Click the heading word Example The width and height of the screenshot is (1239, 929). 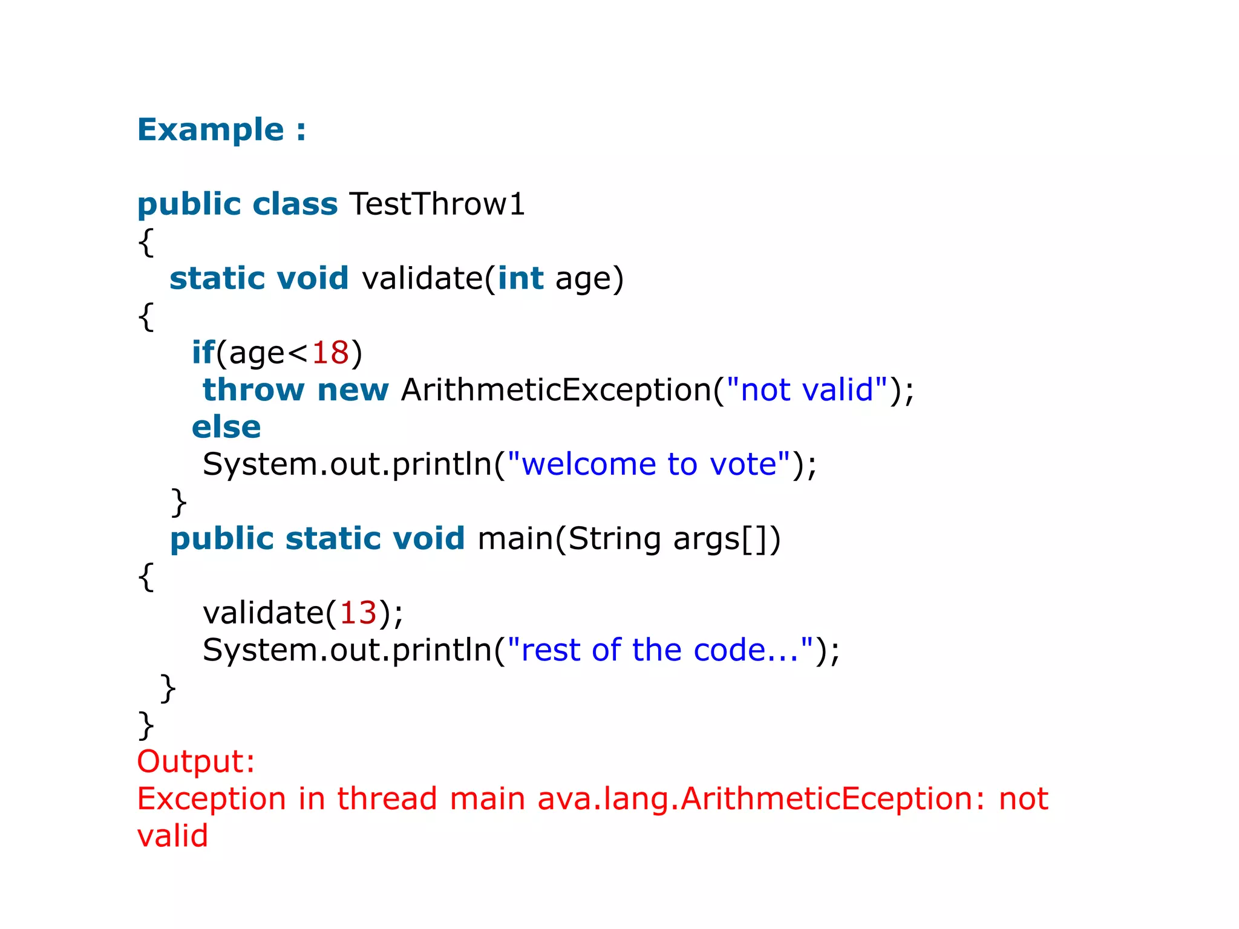211,130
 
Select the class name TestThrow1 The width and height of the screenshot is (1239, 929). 437,204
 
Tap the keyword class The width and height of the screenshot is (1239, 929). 295,204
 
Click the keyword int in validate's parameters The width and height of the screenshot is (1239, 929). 520,279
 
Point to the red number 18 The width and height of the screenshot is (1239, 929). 330,353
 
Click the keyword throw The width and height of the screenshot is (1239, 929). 253,390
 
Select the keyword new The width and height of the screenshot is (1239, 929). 353,390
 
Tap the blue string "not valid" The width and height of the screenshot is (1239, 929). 807,390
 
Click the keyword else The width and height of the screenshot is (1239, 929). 226,428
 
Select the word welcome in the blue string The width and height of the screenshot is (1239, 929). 588,464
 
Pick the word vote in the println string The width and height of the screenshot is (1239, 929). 743,464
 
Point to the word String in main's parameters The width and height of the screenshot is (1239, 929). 614,539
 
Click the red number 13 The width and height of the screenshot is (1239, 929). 358,613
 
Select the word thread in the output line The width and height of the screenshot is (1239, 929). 387,799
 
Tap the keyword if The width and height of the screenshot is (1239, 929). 203,353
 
